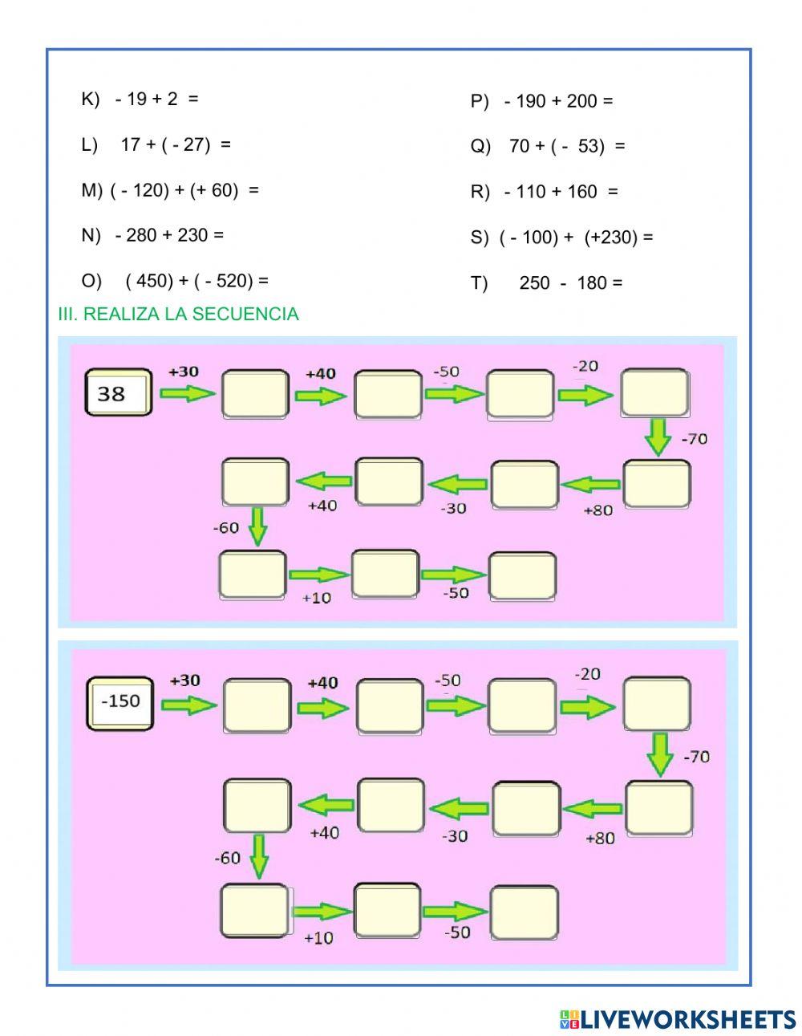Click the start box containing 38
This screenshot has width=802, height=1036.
click(x=118, y=392)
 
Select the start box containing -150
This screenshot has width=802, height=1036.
click(x=119, y=703)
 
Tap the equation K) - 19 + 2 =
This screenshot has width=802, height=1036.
click(x=140, y=99)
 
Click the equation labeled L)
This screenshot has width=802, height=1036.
click(x=156, y=144)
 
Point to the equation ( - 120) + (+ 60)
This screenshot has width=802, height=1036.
click(x=170, y=190)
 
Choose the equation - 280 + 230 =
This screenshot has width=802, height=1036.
click(x=152, y=235)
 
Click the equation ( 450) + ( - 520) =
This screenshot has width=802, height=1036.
click(x=175, y=281)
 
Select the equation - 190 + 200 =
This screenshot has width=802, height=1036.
click(x=541, y=101)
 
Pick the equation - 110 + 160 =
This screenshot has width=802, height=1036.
click(x=544, y=192)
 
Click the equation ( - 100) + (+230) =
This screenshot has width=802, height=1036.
click(x=561, y=238)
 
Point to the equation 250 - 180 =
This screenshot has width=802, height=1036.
click(x=546, y=282)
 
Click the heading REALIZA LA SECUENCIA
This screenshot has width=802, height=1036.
click(x=178, y=314)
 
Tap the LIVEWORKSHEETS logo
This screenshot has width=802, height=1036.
click(x=677, y=1019)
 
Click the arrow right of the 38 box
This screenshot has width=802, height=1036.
click(x=188, y=393)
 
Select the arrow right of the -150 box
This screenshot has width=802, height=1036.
click(x=189, y=705)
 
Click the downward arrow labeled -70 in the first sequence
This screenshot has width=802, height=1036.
click(x=658, y=437)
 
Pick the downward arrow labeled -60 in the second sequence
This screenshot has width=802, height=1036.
click(x=259, y=855)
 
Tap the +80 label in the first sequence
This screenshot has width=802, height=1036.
click(x=598, y=510)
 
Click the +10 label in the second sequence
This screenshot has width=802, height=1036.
click(x=318, y=937)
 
